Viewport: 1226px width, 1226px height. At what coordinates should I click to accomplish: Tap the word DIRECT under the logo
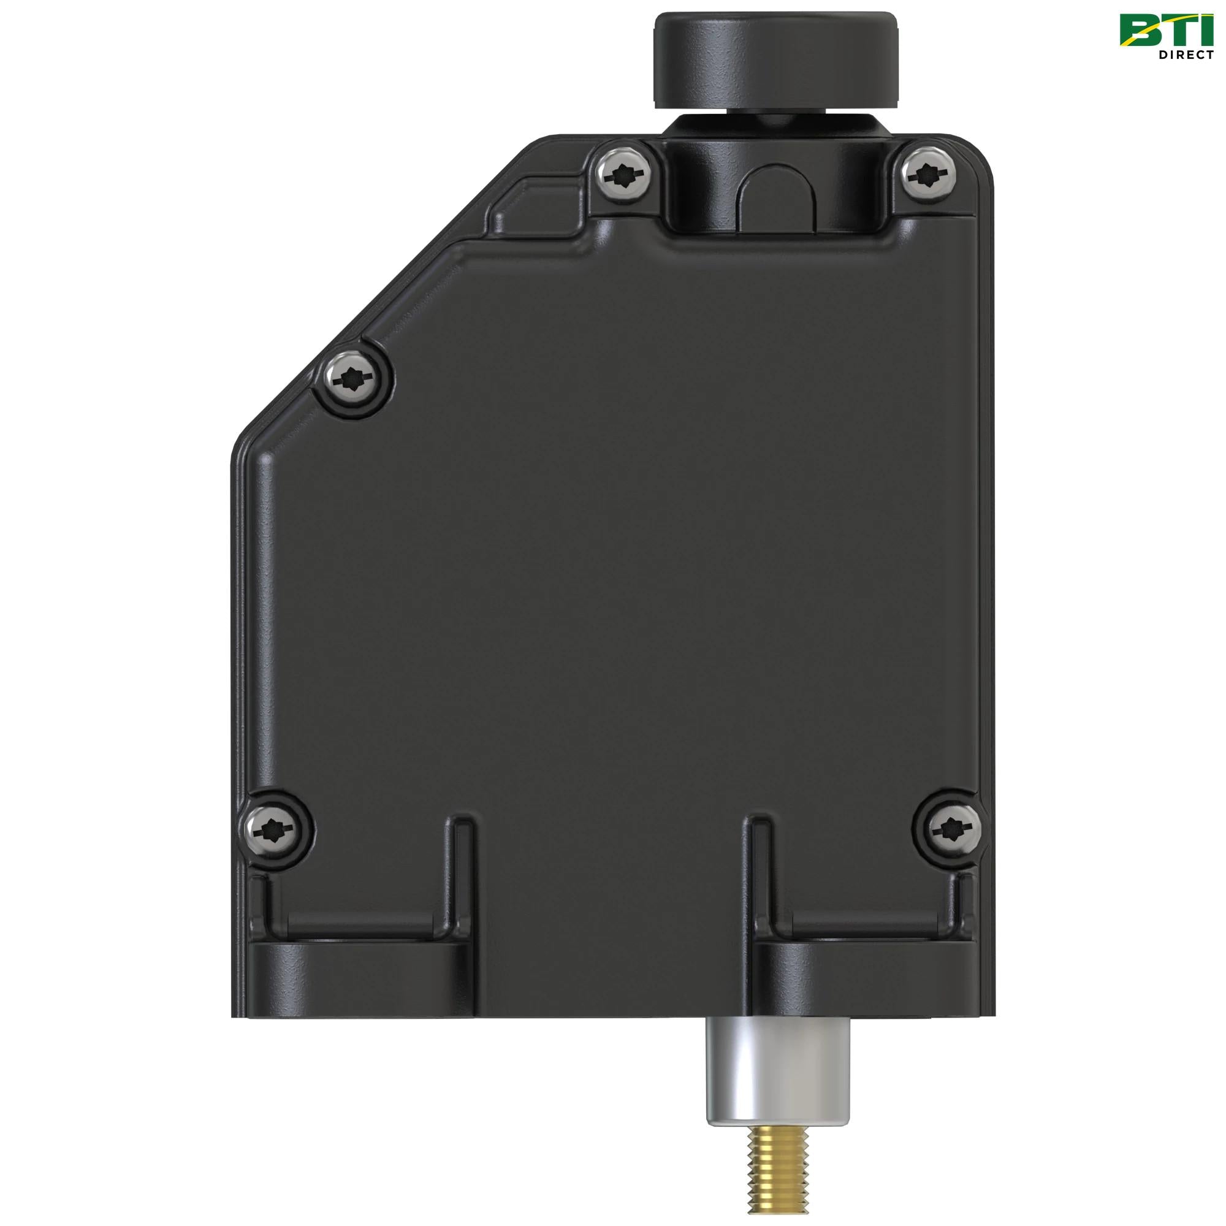(x=1186, y=55)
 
